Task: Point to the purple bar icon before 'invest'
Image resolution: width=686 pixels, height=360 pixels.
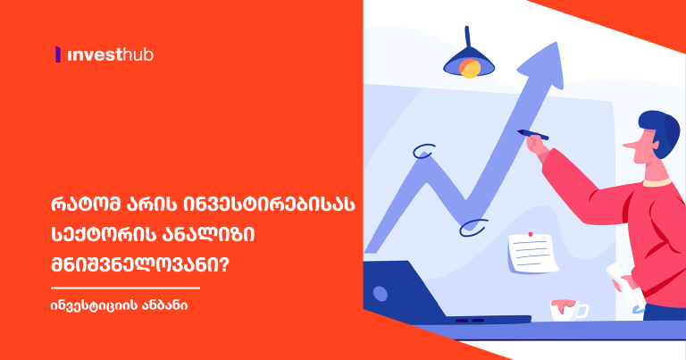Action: (58, 55)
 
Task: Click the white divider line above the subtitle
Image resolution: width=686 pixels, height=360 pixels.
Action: (125, 288)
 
